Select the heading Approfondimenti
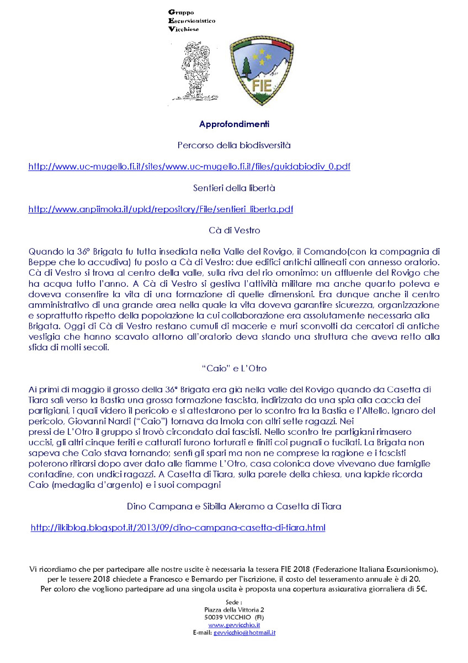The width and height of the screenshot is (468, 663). [x=234, y=124]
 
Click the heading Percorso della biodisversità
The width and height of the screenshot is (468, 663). [x=234, y=145]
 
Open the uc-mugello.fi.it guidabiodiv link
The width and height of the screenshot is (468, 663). [x=189, y=166]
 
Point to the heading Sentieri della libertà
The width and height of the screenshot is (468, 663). [x=234, y=188]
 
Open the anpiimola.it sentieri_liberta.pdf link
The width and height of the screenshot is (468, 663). [x=161, y=209]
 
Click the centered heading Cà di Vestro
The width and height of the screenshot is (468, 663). [x=234, y=230]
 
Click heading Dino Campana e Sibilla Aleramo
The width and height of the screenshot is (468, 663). [x=234, y=506]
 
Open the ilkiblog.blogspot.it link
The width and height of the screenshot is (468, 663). [x=178, y=528]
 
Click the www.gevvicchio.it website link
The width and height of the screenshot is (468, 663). [x=234, y=624]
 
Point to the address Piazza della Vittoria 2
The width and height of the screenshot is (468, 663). [x=234, y=609]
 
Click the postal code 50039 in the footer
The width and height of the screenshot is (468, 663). [x=213, y=617]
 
